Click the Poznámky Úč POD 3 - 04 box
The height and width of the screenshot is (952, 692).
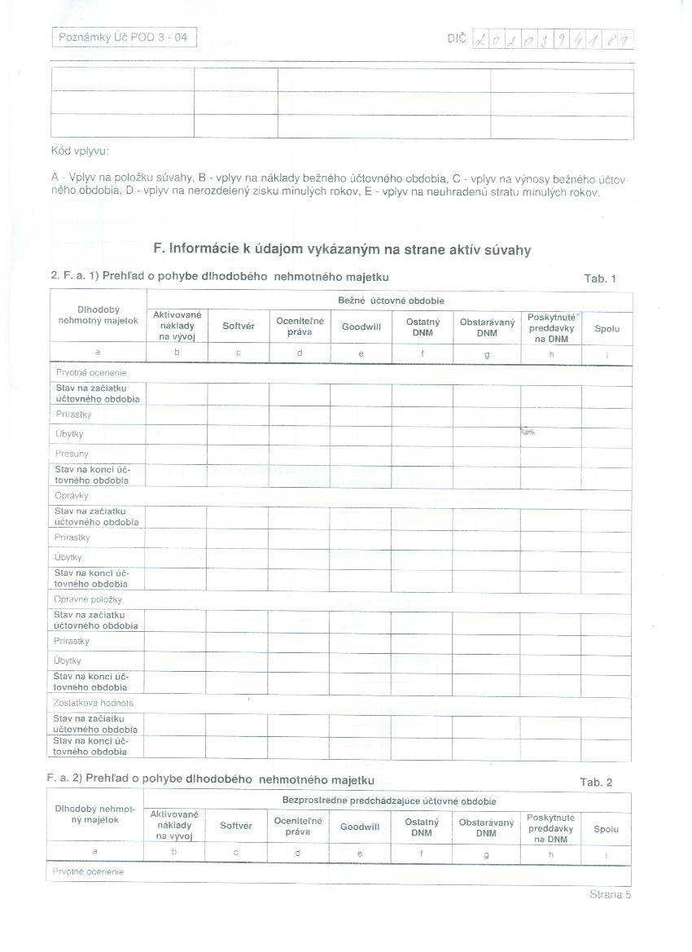tap(124, 37)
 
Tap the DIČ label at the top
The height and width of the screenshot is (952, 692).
tap(456, 38)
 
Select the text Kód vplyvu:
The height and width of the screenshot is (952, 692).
tap(80, 151)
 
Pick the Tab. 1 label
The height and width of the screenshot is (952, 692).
tap(600, 279)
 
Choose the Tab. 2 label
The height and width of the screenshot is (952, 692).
tap(596, 782)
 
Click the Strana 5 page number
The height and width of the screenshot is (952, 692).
tap(611, 894)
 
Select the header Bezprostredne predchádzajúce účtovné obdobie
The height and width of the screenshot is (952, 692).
tap(389, 801)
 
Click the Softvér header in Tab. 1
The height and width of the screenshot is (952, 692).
tap(239, 326)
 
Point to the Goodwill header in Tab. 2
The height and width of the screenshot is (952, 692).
tap(360, 827)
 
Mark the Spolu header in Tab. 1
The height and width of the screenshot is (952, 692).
tap(607, 329)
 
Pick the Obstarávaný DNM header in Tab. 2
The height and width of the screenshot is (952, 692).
tap(486, 827)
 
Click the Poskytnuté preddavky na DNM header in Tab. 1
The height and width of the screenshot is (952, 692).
tap(551, 327)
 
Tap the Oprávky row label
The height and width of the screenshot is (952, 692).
tap(72, 495)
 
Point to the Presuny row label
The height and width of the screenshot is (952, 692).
tap(72, 454)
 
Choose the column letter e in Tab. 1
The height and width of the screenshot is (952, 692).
tap(361, 353)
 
